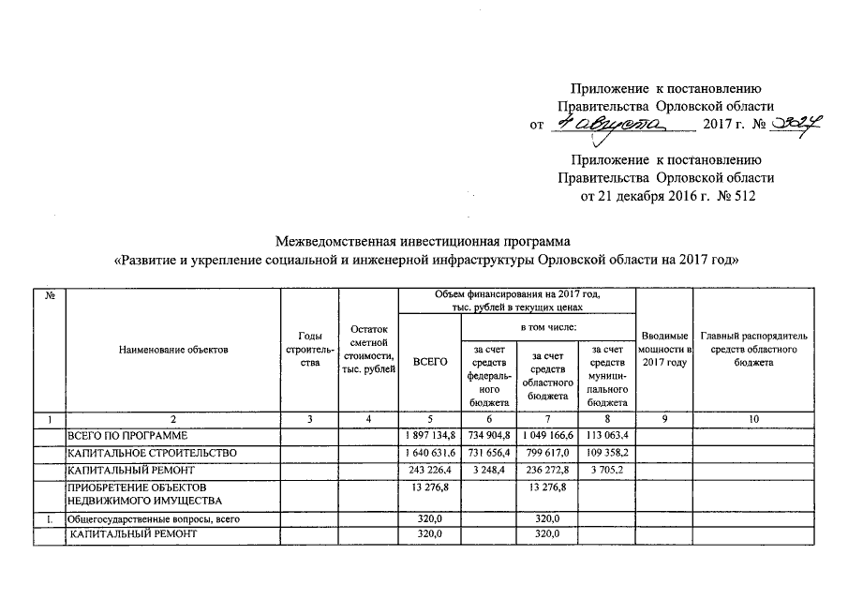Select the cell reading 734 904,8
[x=490, y=436]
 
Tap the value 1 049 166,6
[x=548, y=436]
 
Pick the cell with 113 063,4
[x=607, y=436]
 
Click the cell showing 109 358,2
[x=607, y=452]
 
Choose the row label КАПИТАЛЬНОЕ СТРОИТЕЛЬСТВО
[x=151, y=452]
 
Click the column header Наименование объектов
[x=173, y=349]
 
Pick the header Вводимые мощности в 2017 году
[x=664, y=349]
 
